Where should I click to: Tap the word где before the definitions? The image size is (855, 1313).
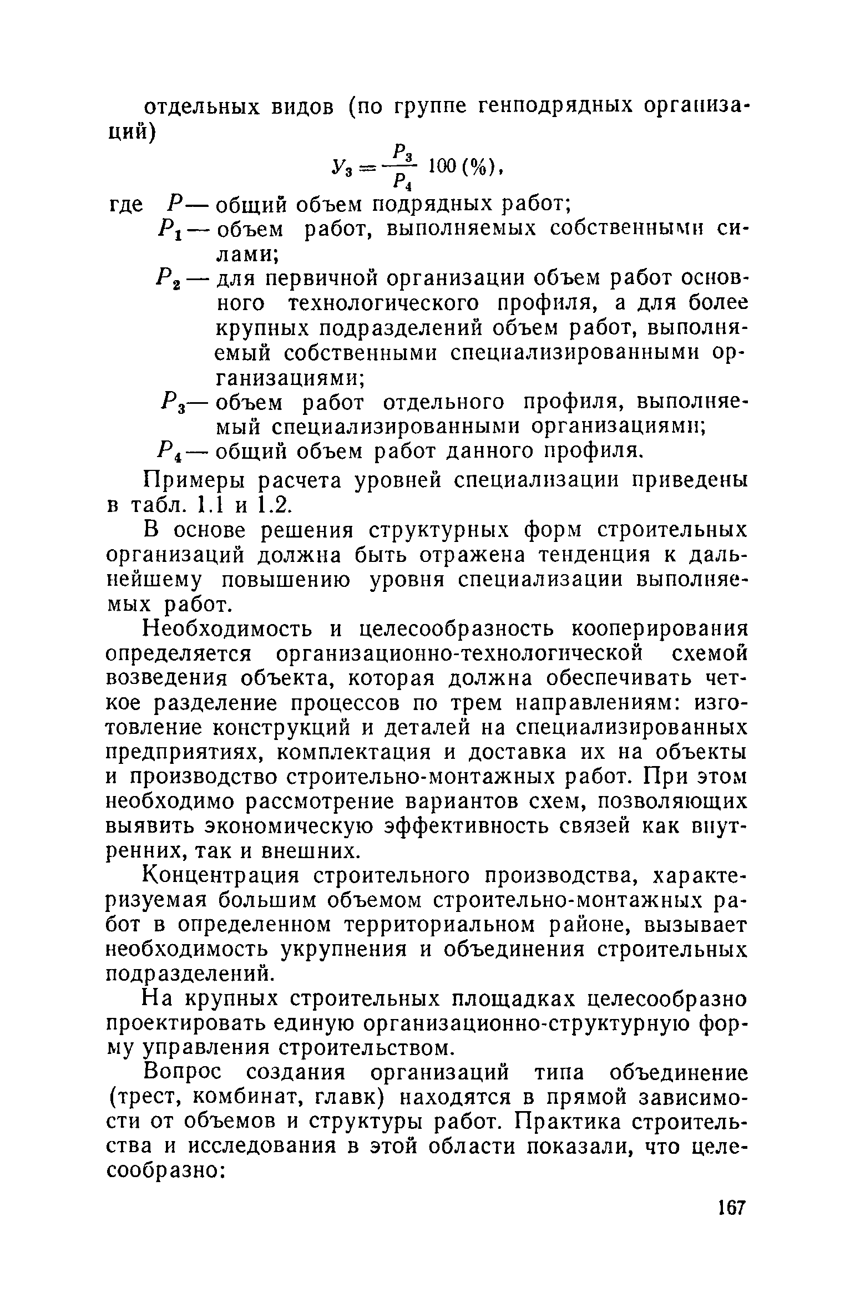125,206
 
